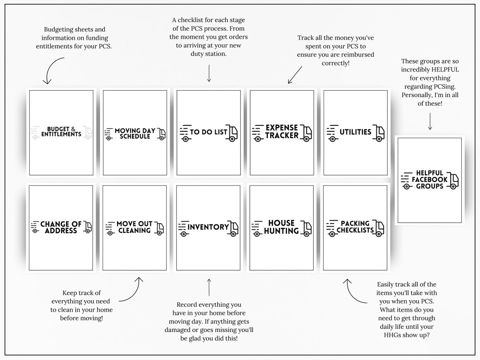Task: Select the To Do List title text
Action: pos(208,132)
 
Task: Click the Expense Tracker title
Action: pos(282,131)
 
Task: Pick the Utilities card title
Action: pos(355,132)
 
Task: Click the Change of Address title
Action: pos(61,227)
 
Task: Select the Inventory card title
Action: pos(208,227)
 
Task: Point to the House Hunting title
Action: pos(281,227)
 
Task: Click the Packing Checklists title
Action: pos(355,227)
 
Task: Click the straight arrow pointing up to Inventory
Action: pos(209,287)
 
